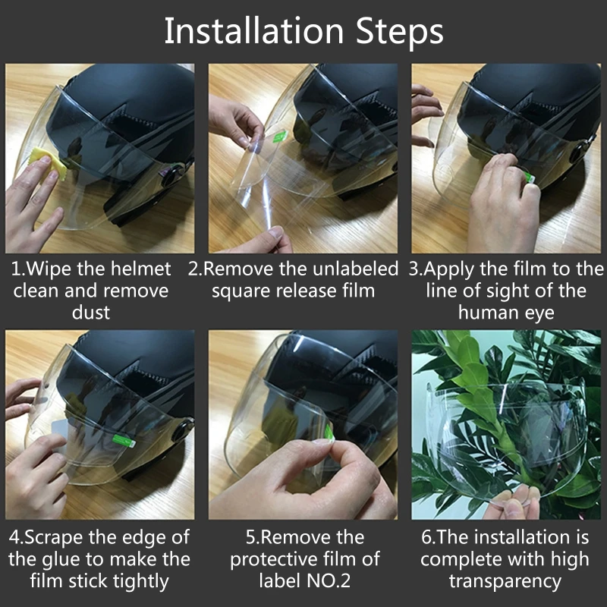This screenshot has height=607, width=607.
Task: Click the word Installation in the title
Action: (x=254, y=31)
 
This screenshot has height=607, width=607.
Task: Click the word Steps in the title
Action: (x=400, y=33)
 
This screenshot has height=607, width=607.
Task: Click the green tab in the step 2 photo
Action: (x=280, y=136)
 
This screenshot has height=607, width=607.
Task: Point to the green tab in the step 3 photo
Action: (x=530, y=178)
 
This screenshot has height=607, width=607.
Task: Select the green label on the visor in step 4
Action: (x=124, y=441)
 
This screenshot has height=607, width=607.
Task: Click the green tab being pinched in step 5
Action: (x=329, y=432)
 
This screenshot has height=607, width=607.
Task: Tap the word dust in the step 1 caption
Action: (x=90, y=312)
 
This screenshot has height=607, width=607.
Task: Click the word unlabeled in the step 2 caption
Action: (x=355, y=269)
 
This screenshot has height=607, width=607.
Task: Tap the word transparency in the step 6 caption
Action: (x=505, y=582)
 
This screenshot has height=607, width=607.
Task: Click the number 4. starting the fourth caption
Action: (x=16, y=537)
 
